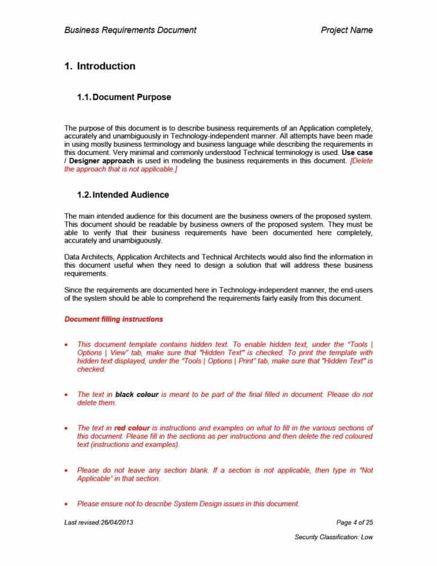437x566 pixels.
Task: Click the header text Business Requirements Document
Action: tap(130, 30)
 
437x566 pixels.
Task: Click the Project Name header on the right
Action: tap(347, 30)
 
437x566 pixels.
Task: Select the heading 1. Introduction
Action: tap(100, 66)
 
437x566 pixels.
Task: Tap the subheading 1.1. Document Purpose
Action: tap(123, 97)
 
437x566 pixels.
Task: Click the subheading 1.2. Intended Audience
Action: tap(122, 195)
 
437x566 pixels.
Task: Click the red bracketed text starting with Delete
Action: tap(359, 161)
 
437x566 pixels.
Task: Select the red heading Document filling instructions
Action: tap(114, 319)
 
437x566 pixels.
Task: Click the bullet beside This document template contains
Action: tap(68, 345)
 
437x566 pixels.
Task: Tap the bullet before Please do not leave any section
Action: tap(68, 471)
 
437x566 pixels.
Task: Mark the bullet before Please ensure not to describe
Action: tap(68, 505)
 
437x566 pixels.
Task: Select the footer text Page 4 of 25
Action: tap(354, 522)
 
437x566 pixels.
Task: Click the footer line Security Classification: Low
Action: tap(333, 537)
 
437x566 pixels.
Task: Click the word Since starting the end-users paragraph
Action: tap(74, 290)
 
